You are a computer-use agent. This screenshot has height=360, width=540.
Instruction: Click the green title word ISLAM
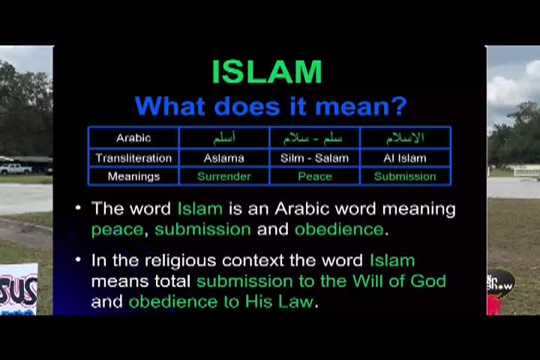[267, 72]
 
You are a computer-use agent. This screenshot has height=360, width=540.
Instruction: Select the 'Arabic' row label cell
[133, 138]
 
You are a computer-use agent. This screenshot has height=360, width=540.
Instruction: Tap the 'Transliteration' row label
[133, 157]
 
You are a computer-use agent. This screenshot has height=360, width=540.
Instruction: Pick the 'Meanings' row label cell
[133, 176]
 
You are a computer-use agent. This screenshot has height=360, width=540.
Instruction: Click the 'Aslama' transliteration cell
[224, 157]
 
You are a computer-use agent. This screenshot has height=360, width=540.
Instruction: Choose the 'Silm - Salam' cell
[315, 157]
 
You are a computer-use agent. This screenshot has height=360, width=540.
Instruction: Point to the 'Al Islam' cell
[405, 157]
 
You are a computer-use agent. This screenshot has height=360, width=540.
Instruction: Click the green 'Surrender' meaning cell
[224, 176]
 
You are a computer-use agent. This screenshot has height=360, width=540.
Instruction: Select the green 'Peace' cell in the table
[315, 176]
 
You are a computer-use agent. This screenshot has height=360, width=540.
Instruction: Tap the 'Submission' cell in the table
[405, 176]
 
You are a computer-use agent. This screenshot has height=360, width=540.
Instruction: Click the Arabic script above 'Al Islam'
[405, 138]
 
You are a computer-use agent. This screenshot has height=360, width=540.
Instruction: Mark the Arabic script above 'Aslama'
[224, 138]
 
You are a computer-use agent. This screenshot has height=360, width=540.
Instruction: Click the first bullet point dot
[79, 208]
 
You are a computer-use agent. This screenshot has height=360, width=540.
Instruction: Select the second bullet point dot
[79, 259]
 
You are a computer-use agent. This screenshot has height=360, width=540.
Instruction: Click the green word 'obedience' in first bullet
[338, 229]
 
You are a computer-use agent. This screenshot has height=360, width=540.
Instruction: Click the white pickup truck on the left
[15, 169]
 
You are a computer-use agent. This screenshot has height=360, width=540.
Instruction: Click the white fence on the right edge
[526, 170]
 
